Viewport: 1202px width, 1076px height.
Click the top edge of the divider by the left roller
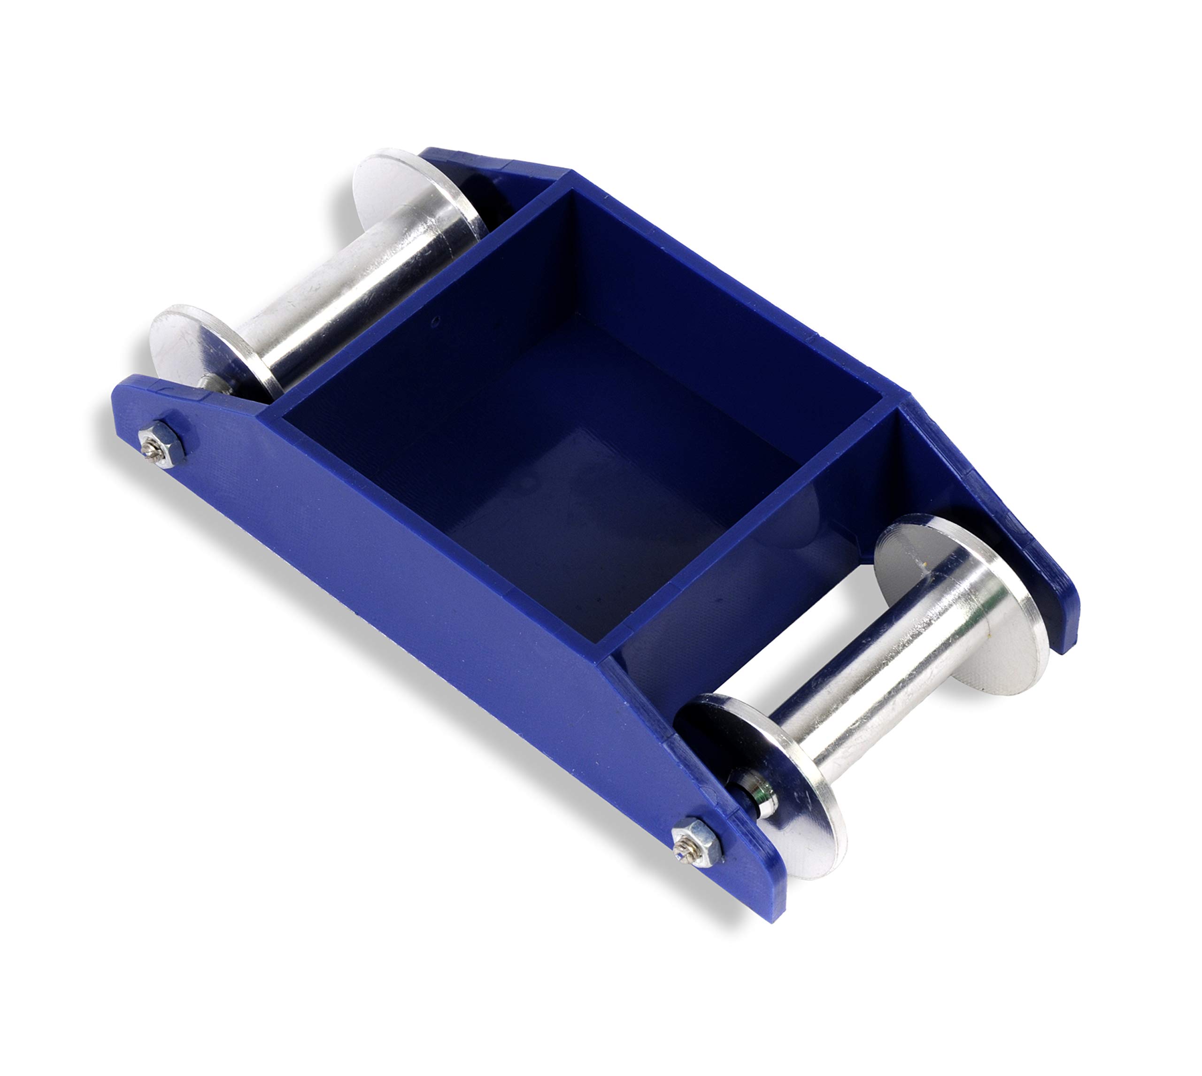pyautogui.click(x=414, y=296)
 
